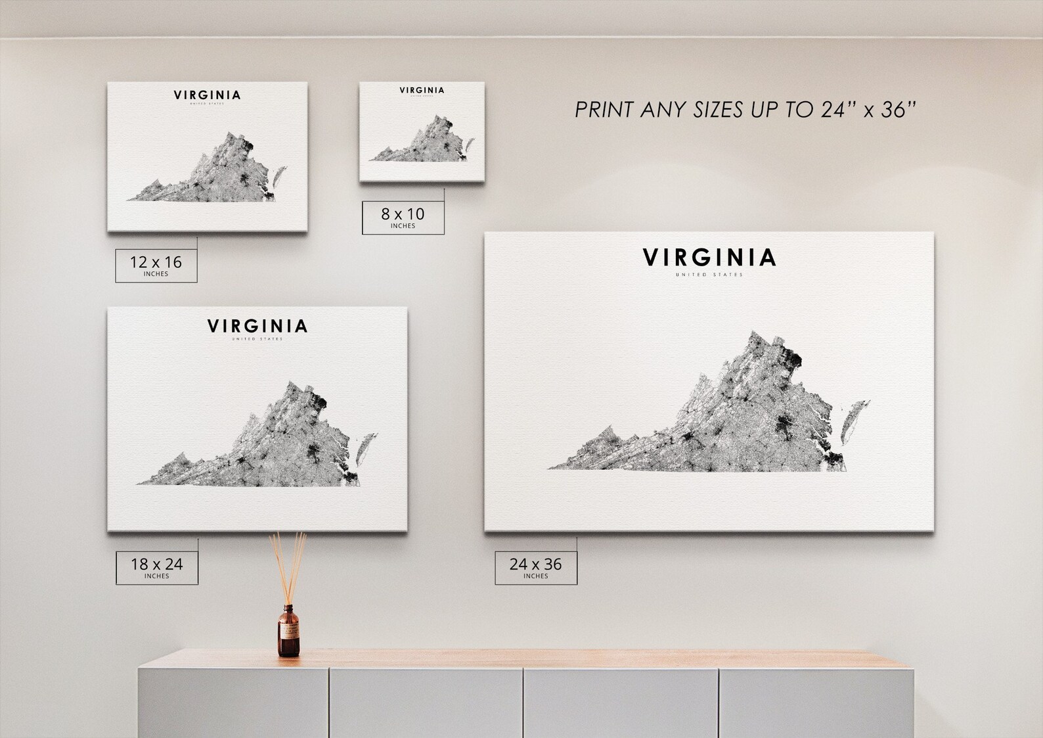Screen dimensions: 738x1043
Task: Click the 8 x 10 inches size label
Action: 403,218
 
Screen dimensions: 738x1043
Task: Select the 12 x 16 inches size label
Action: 156,265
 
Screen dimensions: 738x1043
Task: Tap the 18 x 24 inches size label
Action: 156,567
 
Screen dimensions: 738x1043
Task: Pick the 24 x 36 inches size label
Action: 535,567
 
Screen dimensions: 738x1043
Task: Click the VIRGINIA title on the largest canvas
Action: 709,258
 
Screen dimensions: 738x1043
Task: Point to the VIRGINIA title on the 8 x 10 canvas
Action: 422,90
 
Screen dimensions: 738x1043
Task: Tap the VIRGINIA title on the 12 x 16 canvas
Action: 207,95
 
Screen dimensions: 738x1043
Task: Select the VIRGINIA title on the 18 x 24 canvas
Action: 257,326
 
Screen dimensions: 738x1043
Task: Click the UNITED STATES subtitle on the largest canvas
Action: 709,275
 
